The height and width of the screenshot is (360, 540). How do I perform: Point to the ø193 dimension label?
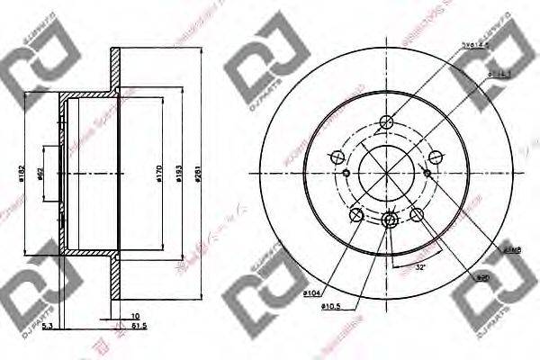181,171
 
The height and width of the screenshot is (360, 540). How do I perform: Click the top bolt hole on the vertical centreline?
388,123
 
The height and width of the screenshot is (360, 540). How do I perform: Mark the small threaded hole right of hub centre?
428,173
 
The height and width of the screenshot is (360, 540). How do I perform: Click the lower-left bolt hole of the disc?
357,214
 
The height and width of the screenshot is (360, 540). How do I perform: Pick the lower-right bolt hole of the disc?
418,214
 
